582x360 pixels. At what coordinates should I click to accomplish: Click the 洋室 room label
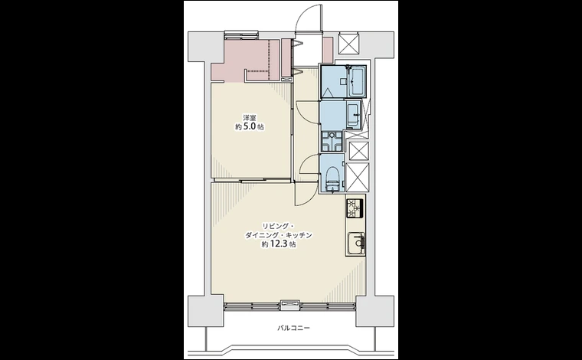pyautogui.click(x=250, y=118)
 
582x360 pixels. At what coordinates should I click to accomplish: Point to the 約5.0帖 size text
pyautogui.click(x=250, y=126)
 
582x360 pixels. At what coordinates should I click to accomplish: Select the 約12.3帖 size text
pyautogui.click(x=279, y=244)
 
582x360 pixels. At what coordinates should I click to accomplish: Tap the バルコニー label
pyautogui.click(x=293, y=328)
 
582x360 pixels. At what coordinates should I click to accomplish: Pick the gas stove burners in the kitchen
pyautogui.click(x=354, y=208)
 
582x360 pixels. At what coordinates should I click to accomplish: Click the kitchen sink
pyautogui.click(x=356, y=243)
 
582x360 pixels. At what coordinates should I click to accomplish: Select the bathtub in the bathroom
pyautogui.click(x=358, y=81)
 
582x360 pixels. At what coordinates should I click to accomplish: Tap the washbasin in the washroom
pyautogui.click(x=353, y=115)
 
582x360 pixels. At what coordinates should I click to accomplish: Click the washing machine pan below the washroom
pyautogui.click(x=332, y=142)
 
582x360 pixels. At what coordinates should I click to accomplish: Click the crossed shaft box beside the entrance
pyautogui.click(x=349, y=44)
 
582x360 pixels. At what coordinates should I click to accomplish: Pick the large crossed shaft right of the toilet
pyautogui.click(x=357, y=178)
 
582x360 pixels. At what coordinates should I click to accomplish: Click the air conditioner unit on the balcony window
pyautogui.click(x=290, y=304)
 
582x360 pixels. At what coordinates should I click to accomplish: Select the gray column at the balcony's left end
pyautogui.click(x=206, y=311)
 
